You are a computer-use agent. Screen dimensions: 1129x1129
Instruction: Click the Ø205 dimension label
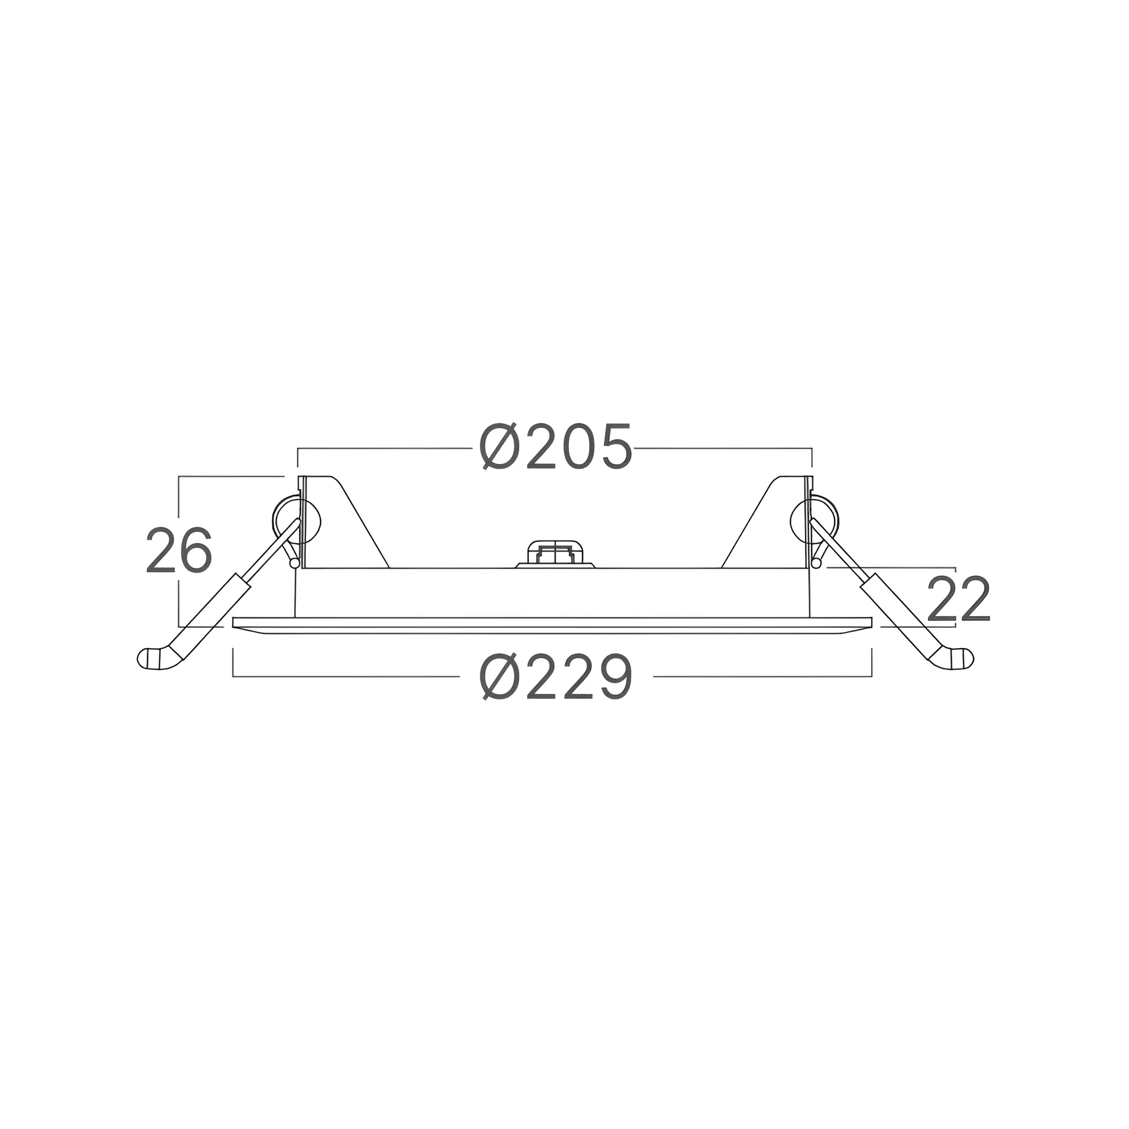(x=555, y=447)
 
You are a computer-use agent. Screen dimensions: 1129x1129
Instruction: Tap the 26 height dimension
(x=178, y=550)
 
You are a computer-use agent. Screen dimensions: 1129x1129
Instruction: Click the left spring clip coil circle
(x=297, y=520)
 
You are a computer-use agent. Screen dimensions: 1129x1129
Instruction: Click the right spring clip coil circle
(x=814, y=520)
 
